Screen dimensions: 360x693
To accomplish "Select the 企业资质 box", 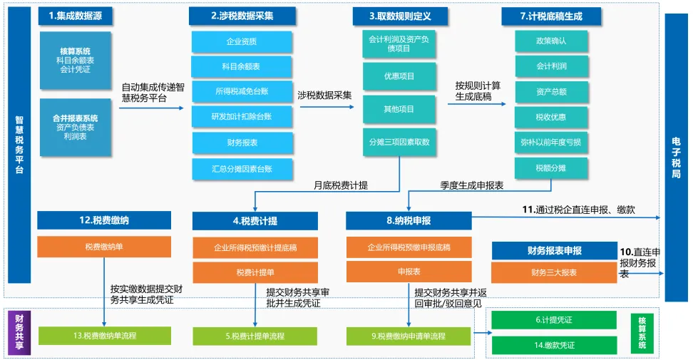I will (241, 41).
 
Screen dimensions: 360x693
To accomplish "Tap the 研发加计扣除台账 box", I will (241, 117).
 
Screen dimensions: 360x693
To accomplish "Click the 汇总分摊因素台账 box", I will (241, 168).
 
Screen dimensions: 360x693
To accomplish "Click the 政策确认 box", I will (551, 41).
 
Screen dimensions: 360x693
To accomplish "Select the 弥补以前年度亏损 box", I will (551, 143).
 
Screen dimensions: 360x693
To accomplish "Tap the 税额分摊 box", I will (551, 168).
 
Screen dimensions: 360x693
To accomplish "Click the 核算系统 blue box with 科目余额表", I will (75, 61).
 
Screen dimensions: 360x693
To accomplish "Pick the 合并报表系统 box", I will (75, 127).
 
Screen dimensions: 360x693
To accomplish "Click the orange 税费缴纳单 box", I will (104, 247).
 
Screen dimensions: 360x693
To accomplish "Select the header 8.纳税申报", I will (409, 220).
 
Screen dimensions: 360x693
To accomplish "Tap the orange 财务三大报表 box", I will (554, 272).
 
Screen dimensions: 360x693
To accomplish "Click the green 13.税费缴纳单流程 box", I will (104, 336).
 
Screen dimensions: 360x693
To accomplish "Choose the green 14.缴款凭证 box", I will (555, 345).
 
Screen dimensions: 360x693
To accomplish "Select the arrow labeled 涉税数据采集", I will (326, 107).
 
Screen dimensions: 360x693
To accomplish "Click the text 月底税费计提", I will (341, 185).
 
